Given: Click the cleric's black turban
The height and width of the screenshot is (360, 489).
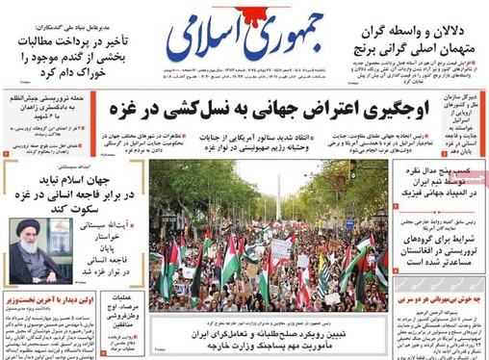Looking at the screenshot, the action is point(31,227).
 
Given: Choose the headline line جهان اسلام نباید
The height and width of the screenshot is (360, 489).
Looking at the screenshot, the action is point(79,180).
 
